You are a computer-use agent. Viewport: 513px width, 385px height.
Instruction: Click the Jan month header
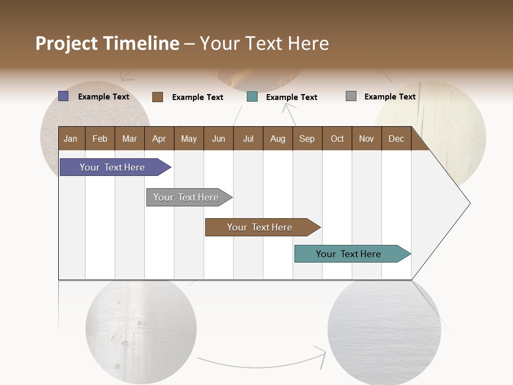click(x=71, y=138)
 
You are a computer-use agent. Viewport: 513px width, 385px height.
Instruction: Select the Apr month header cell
click(x=159, y=138)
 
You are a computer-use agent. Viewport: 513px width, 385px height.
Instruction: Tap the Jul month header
click(x=248, y=138)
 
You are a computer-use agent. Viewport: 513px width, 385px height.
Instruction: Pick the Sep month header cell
click(x=307, y=138)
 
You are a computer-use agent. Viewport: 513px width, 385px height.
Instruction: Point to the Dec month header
click(x=396, y=138)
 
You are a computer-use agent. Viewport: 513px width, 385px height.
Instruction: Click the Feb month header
click(x=100, y=138)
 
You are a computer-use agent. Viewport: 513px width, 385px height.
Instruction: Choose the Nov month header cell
click(x=366, y=138)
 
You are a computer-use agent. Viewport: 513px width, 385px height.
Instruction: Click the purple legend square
click(x=64, y=96)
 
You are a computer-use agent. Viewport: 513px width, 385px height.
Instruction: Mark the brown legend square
click(x=158, y=97)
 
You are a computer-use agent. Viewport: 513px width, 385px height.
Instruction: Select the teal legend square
click(x=252, y=97)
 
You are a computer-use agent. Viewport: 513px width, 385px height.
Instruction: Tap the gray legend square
click(x=351, y=96)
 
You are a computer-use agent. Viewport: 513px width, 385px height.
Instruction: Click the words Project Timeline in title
click(x=107, y=43)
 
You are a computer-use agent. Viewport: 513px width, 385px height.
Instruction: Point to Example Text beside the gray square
click(x=390, y=97)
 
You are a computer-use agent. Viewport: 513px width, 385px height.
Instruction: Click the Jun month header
click(x=219, y=138)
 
